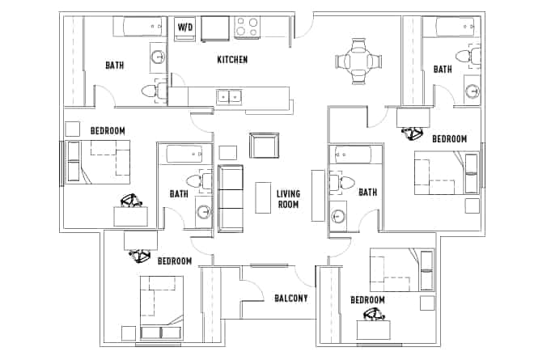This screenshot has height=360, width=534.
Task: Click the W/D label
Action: [186, 28]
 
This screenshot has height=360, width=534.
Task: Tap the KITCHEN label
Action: [232, 60]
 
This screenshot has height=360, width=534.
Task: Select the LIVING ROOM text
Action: [288, 199]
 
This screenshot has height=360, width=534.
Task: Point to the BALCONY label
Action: [290, 299]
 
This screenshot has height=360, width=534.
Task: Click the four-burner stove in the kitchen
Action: [248, 28]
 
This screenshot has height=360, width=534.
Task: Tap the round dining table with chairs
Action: [357, 60]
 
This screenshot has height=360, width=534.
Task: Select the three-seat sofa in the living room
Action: [231, 197]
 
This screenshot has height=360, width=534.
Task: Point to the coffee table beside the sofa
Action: [263, 197]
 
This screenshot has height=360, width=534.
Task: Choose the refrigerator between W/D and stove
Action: [214, 28]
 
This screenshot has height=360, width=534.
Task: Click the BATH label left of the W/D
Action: [115, 66]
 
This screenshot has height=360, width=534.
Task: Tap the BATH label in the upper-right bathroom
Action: [443, 70]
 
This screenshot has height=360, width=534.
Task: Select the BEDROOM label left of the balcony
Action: [174, 261]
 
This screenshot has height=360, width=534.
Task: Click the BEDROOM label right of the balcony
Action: [367, 299]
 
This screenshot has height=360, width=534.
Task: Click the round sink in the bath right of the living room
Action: [339, 216]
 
